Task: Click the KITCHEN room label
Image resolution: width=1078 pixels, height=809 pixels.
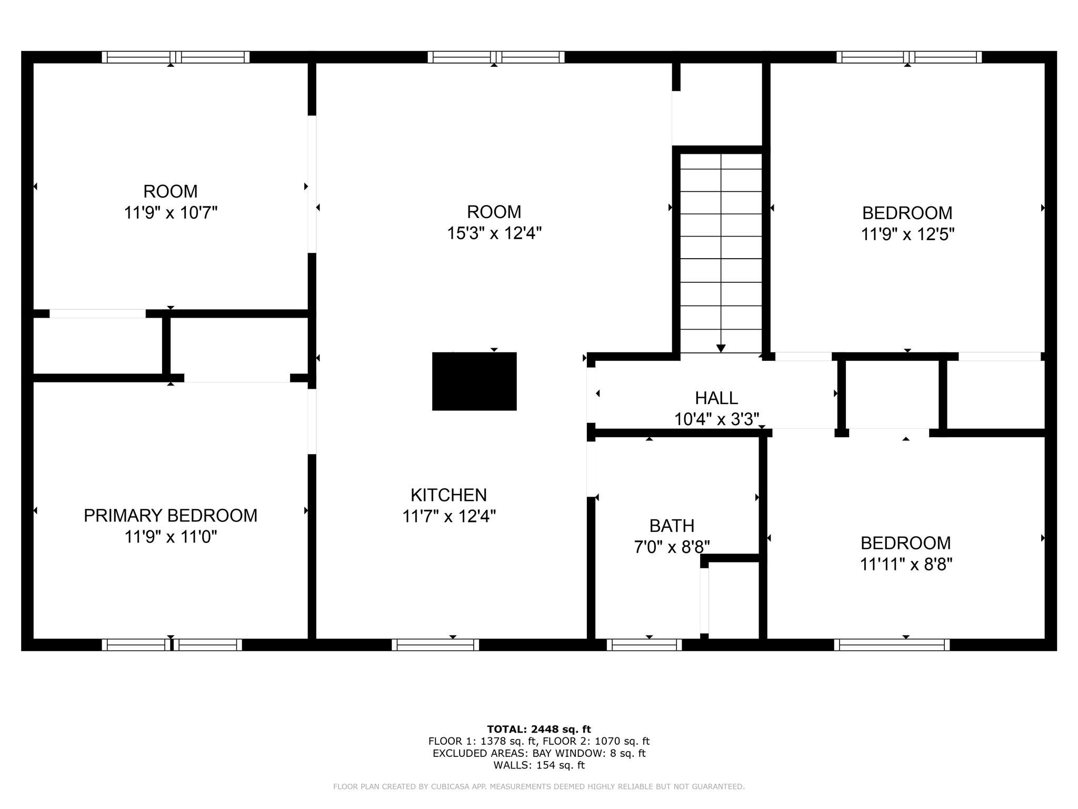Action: (x=448, y=495)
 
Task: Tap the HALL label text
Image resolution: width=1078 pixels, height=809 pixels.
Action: (x=716, y=398)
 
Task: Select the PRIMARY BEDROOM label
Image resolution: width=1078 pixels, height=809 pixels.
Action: (x=171, y=515)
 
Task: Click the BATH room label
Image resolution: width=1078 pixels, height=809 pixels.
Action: (x=672, y=526)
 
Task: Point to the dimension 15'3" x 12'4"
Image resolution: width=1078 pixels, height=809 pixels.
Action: (x=494, y=233)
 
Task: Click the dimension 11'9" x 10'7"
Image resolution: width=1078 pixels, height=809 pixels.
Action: (x=171, y=213)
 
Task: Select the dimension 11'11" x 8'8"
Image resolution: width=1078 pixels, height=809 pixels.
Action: (x=906, y=565)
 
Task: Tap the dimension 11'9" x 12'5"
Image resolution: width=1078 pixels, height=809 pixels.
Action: (x=907, y=234)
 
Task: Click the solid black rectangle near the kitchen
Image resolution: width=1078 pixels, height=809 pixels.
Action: (x=474, y=381)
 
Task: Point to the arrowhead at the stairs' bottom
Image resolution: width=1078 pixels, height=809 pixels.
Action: (x=721, y=349)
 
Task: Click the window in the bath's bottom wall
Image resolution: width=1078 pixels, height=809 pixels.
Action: (x=644, y=645)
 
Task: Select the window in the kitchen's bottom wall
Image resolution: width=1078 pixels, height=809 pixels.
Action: (x=435, y=645)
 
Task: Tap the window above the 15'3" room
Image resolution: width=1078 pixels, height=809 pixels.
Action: (x=496, y=57)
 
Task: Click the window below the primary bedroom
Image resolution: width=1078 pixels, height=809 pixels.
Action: (x=172, y=645)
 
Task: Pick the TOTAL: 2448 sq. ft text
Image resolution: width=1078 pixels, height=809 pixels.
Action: (x=538, y=729)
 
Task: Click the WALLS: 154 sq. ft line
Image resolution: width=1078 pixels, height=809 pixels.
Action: (x=538, y=765)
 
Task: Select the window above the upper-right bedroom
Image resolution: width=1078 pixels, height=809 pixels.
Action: (x=909, y=57)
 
